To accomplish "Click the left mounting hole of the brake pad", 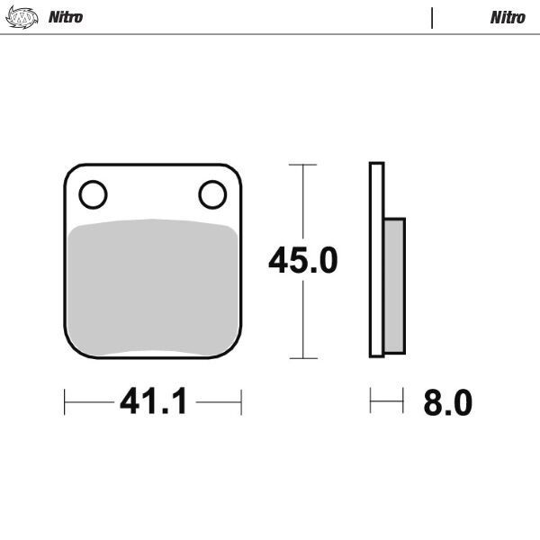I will tap(93, 193).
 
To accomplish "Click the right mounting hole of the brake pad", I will tap(212, 193).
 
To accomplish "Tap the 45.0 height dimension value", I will tap(302, 261).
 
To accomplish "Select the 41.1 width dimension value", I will tap(153, 402).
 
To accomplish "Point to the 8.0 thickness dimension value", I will tap(447, 403).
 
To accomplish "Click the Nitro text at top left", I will tap(66, 17).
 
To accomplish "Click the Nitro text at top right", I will tap(508, 17).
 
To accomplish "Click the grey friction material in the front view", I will tap(153, 288).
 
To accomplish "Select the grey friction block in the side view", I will tap(395, 284).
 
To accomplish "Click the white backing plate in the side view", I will tap(376, 261).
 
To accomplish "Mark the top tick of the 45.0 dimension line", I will tap(302, 166).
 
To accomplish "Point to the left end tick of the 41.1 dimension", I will tap(65, 401).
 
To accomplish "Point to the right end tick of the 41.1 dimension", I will tap(241, 401).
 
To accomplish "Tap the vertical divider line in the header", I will tap(432, 18).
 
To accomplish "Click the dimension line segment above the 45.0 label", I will tap(302, 202).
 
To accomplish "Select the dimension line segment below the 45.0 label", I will tap(302, 319).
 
